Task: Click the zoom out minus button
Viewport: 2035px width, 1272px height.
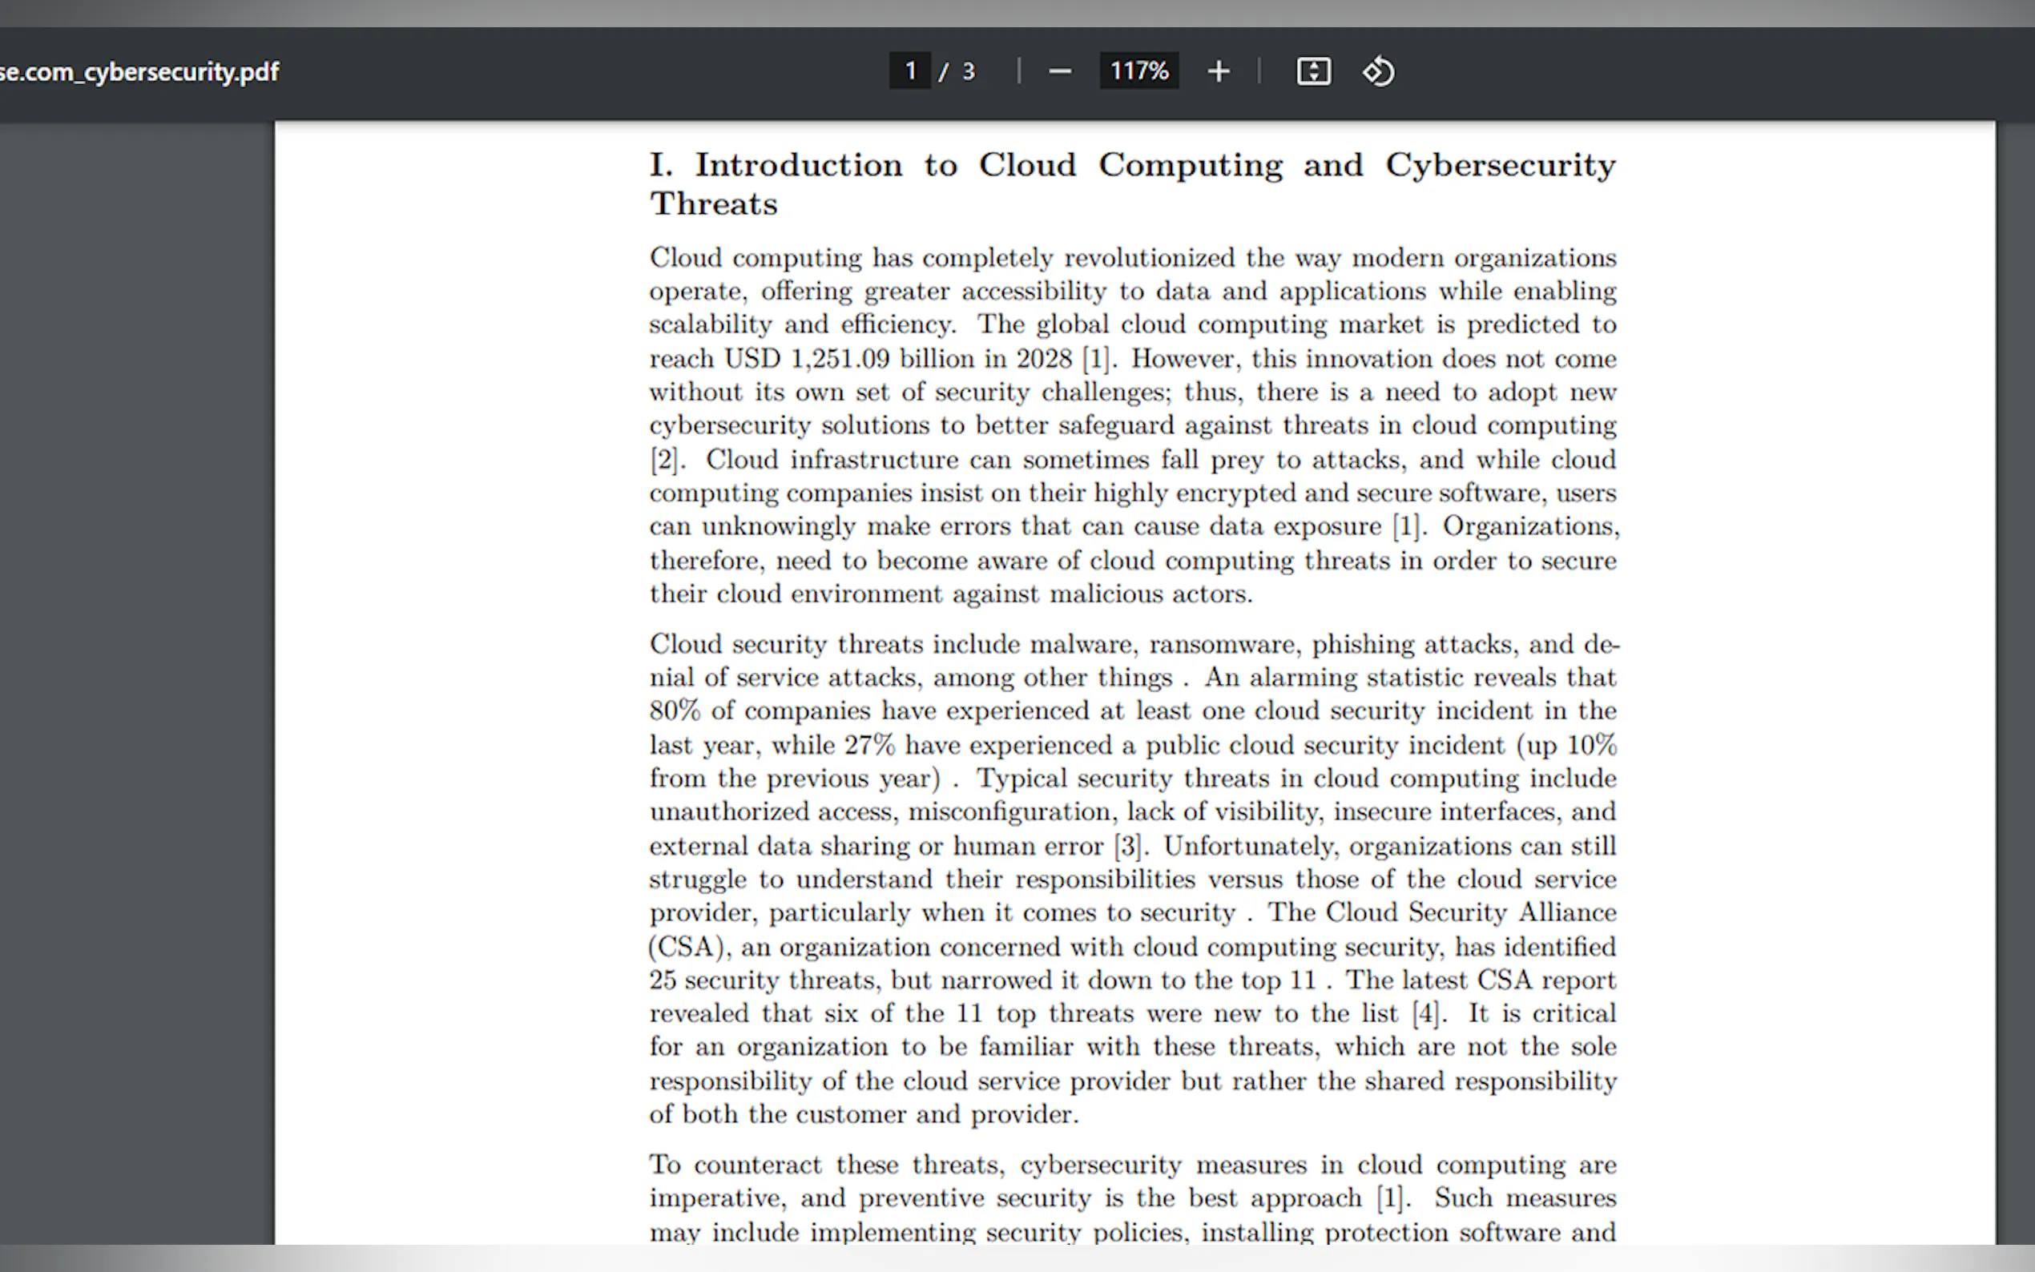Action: [x=1060, y=72]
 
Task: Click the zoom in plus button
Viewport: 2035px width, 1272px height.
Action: [x=1218, y=72]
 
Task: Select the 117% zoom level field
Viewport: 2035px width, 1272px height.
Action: [x=1138, y=71]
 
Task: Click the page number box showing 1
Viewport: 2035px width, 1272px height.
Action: [x=909, y=71]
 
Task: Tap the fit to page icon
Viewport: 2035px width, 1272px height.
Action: [x=1313, y=72]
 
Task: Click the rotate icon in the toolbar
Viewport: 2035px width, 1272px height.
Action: [x=1378, y=72]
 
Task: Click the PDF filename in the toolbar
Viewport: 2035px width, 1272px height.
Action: [x=139, y=72]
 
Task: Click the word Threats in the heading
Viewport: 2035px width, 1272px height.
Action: [x=713, y=204]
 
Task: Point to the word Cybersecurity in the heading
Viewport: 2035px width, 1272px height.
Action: [x=1500, y=165]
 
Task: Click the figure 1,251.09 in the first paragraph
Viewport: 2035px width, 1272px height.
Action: [x=840, y=359]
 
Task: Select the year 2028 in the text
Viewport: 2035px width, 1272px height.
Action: [x=1044, y=359]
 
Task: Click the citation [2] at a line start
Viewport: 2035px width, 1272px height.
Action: [x=666, y=460]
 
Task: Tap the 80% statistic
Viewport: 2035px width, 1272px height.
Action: [x=675, y=710]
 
